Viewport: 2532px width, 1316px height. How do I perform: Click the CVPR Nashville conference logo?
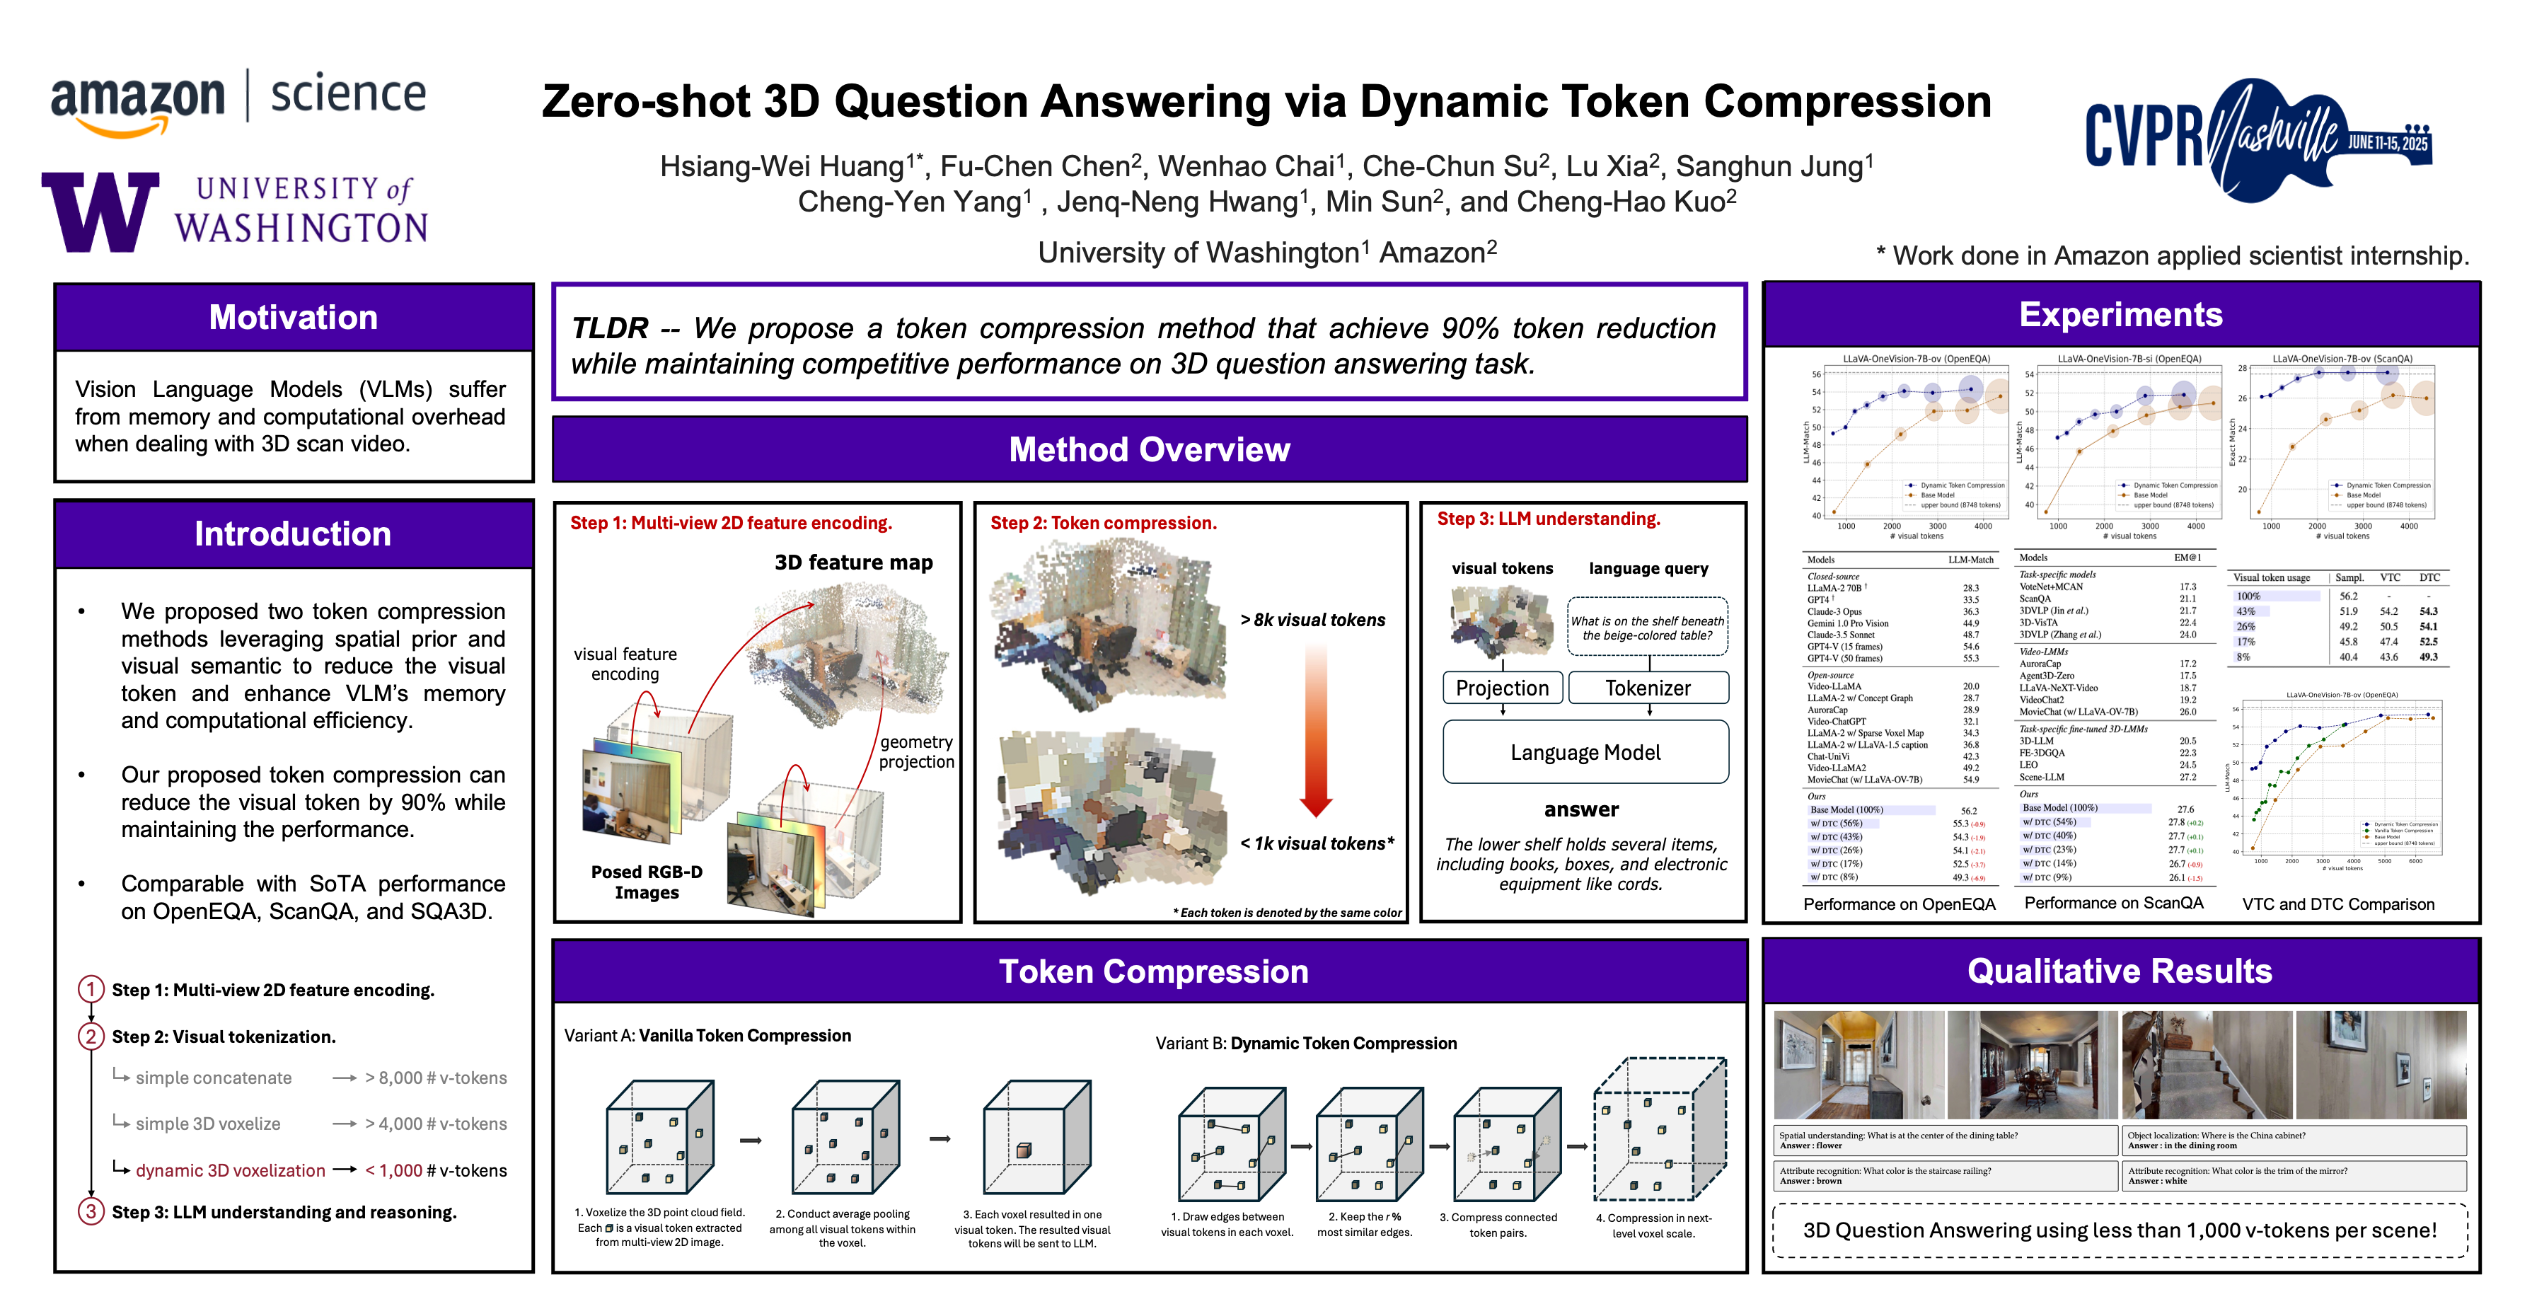pyautogui.click(x=2258, y=139)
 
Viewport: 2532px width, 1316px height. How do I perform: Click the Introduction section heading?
pyautogui.click(x=293, y=533)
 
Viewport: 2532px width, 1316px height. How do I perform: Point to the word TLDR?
pyautogui.click(x=609, y=328)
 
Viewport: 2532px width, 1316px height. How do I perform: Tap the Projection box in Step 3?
pyautogui.click(x=1502, y=688)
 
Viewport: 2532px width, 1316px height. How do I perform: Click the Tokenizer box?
pyautogui.click(x=1648, y=688)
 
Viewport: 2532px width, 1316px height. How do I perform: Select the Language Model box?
pyautogui.click(x=1585, y=752)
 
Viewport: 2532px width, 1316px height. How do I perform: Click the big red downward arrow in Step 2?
pyautogui.click(x=1315, y=727)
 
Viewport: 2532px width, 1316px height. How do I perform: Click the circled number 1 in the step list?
pyautogui.click(x=91, y=988)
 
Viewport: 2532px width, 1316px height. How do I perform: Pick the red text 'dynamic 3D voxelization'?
pyautogui.click(x=230, y=1170)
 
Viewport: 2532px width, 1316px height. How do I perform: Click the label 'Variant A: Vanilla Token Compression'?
pyautogui.click(x=707, y=1036)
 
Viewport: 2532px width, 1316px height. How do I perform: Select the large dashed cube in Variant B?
pyautogui.click(x=1659, y=1130)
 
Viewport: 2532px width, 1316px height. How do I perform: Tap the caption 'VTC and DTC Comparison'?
pyautogui.click(x=2338, y=904)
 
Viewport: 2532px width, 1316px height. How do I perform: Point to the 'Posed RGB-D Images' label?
pyautogui.click(x=647, y=882)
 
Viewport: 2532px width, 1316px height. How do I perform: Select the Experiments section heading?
pyautogui.click(x=2120, y=315)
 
